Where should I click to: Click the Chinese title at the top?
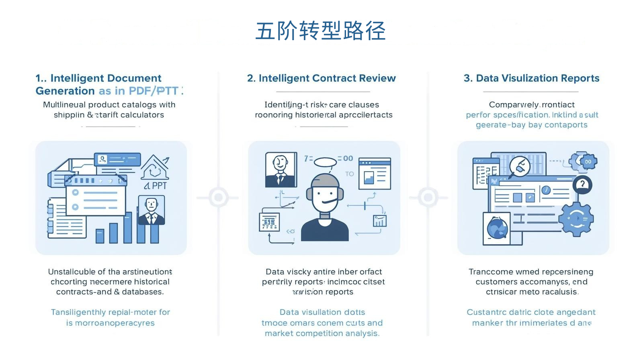(321, 31)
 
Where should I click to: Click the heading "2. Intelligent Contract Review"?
(321, 78)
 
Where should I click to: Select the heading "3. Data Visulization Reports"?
(531, 78)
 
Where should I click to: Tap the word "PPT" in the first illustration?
(159, 186)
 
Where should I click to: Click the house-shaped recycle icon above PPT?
(154, 168)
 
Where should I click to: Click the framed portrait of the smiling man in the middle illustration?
(281, 169)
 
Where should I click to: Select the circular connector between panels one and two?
(219, 197)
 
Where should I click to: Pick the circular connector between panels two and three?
(428, 197)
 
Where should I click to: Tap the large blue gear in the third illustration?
(577, 219)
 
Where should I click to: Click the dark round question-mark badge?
(582, 185)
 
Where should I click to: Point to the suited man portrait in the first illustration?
(152, 210)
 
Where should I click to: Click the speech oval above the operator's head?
(325, 162)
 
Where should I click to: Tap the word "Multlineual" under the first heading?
(64, 104)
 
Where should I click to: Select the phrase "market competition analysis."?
(322, 333)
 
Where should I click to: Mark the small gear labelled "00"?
(587, 162)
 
